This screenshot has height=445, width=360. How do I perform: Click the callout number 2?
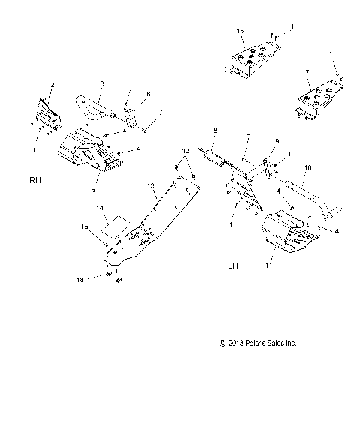52,84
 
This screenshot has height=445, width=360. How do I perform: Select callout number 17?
306,74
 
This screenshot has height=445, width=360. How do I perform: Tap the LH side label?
232,266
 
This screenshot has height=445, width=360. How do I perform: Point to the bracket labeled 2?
48,110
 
